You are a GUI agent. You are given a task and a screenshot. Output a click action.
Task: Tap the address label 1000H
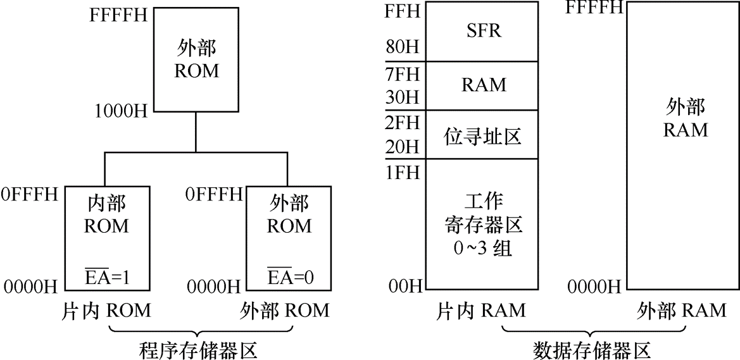pos(121,112)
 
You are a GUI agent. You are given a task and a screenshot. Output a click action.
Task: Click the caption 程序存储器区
pos(198,350)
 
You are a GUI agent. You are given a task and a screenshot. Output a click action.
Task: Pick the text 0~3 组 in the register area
pos(482,249)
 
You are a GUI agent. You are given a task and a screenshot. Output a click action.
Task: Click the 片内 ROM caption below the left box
pos(106,311)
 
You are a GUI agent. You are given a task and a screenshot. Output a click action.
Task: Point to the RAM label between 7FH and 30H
pos(482,85)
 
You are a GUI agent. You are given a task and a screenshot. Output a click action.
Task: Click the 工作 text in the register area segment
pos(482,202)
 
